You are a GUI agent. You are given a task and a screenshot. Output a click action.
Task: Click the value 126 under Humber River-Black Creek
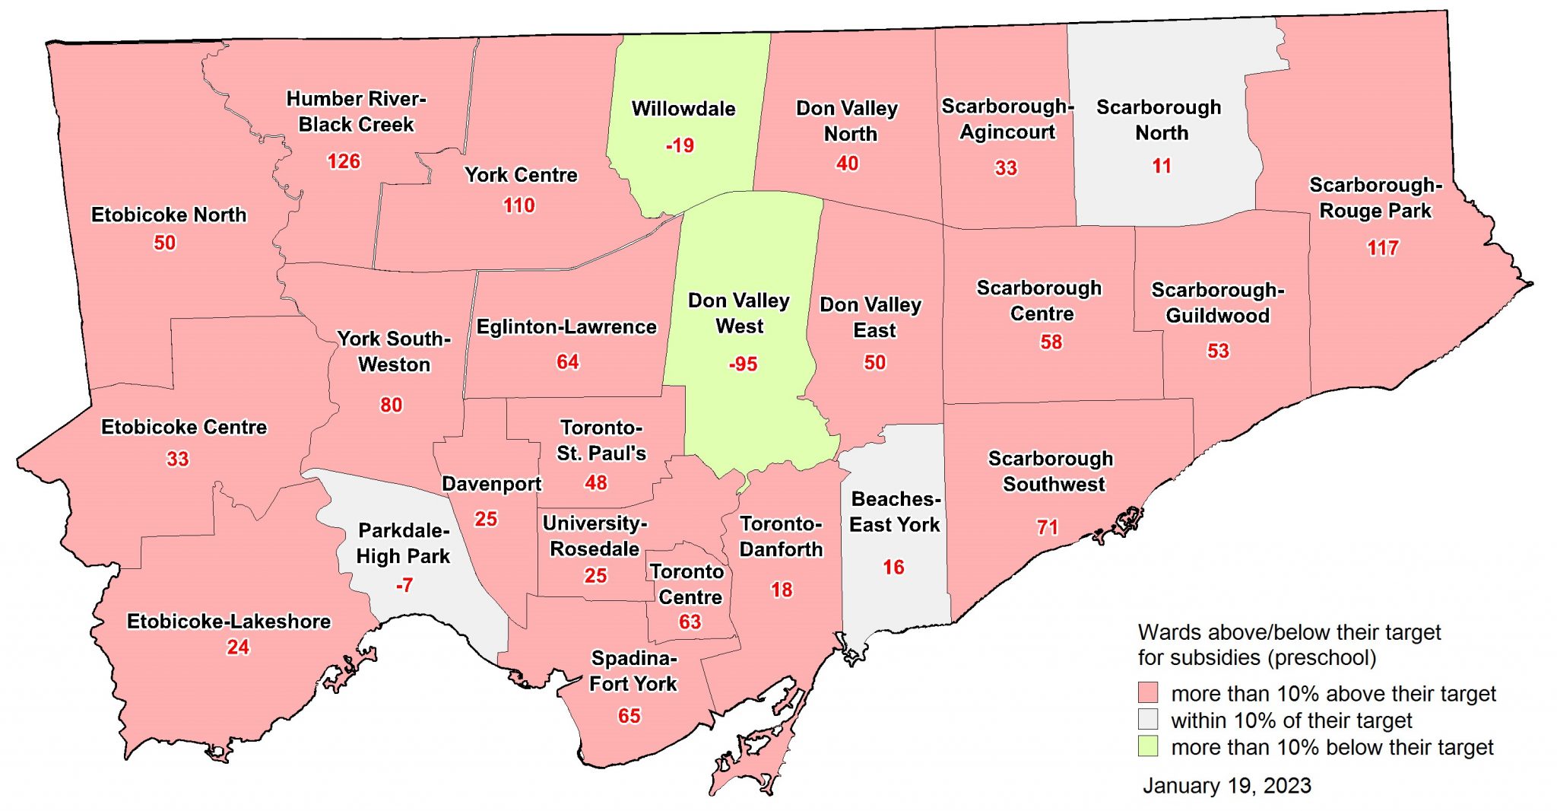344,161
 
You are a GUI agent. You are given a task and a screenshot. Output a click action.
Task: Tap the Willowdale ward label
683,109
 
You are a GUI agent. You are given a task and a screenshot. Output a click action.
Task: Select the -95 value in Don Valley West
743,364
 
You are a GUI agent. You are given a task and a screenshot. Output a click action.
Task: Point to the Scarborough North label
1159,120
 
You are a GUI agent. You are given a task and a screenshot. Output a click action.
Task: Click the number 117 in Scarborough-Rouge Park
1382,248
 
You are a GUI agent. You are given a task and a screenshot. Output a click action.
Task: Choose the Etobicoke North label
169,215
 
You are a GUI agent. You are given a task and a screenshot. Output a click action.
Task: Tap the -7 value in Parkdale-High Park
404,585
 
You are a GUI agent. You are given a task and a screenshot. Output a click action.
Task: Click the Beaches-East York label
895,512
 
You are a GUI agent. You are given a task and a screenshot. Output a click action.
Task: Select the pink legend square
1148,692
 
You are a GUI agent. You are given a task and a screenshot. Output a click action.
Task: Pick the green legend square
1148,746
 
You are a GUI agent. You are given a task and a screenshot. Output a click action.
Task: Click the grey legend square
1148,719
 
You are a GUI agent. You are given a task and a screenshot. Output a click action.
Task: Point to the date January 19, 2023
1226,786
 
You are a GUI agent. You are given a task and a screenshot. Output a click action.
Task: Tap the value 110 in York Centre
518,205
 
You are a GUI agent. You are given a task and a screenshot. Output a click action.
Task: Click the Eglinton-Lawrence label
566,327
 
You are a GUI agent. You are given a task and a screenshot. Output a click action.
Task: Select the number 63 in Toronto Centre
690,622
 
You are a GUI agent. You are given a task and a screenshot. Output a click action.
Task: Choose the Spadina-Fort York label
633,671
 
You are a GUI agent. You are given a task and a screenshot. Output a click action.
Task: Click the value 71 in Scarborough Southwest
1047,527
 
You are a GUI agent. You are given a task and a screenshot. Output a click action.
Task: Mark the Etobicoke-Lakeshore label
229,622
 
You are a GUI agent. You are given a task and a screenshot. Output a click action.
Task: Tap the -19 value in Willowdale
680,145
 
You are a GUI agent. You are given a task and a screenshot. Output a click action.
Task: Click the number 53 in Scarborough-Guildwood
1218,351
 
